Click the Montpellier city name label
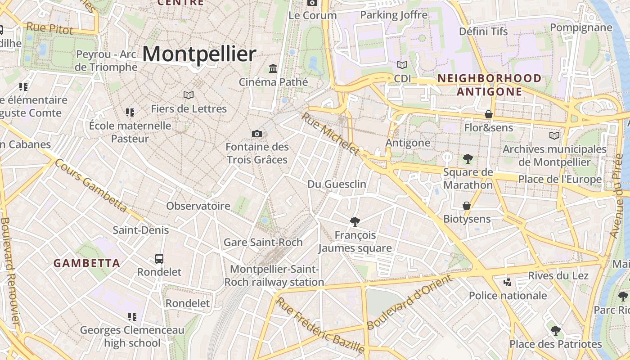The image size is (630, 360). pyautogui.click(x=199, y=54)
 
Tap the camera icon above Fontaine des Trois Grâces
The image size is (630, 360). pyautogui.click(x=257, y=134)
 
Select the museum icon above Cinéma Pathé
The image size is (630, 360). pyautogui.click(x=273, y=68)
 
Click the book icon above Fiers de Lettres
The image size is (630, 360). pyautogui.click(x=189, y=95)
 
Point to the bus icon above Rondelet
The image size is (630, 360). pyautogui.click(x=159, y=259)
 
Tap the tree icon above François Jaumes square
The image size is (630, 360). pyautogui.click(x=355, y=221)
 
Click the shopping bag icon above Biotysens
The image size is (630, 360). pyautogui.click(x=467, y=206)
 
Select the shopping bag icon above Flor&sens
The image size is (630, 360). pyautogui.click(x=489, y=114)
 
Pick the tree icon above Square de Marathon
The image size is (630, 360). pyautogui.click(x=468, y=158)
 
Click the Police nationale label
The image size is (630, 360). pyautogui.click(x=508, y=296)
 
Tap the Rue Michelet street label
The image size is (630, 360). pyautogui.click(x=331, y=133)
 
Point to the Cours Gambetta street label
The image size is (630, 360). pyautogui.click(x=91, y=185)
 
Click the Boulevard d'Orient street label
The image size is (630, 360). pyautogui.click(x=409, y=302)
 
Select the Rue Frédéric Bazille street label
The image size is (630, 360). pyautogui.click(x=320, y=324)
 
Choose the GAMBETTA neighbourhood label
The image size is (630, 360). pyautogui.click(x=87, y=263)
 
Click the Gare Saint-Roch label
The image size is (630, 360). pyautogui.click(x=263, y=242)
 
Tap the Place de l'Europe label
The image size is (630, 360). pyautogui.click(x=560, y=179)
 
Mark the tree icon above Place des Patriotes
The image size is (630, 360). pyautogui.click(x=556, y=331)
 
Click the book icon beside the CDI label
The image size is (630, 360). pyautogui.click(x=402, y=65)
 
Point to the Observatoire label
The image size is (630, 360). pyautogui.click(x=198, y=206)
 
